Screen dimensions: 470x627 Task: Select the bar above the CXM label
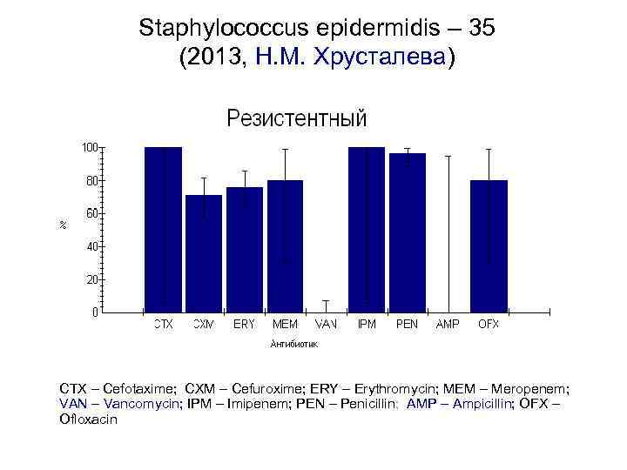point(204,252)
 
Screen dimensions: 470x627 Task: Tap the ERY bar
point(245,249)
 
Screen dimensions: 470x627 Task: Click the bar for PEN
point(408,232)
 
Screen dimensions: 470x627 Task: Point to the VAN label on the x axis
point(326,324)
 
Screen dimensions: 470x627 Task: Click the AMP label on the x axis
point(448,324)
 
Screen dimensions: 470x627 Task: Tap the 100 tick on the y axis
point(91,147)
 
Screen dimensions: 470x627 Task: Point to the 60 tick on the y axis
point(93,213)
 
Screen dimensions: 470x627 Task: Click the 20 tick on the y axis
point(93,279)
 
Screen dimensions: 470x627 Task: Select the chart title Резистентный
point(297,118)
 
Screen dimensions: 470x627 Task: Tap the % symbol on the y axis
point(63,225)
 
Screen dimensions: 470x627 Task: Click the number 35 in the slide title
point(481,29)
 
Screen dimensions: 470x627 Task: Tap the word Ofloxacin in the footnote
point(88,419)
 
